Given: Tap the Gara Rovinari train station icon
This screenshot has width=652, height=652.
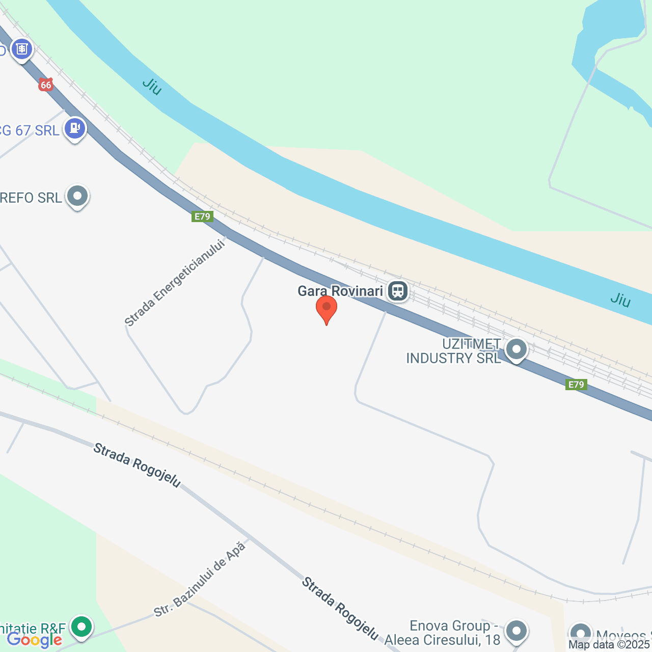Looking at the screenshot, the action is (x=398, y=291).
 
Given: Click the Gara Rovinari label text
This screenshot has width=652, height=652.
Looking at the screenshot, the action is (x=340, y=291).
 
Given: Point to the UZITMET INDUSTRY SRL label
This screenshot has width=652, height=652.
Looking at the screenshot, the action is (x=453, y=351).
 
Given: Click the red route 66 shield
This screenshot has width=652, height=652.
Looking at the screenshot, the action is (x=46, y=85).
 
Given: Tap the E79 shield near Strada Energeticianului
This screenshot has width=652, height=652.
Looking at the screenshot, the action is (x=202, y=216).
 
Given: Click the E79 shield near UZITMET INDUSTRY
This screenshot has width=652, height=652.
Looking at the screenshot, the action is (x=576, y=385).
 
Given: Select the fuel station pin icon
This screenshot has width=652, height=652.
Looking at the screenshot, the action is (x=75, y=128).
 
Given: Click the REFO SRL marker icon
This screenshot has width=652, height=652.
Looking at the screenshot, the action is (x=77, y=196).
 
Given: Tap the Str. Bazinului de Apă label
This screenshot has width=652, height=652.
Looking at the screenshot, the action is (x=200, y=580).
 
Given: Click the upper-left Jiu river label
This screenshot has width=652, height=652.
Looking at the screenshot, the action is (x=152, y=86).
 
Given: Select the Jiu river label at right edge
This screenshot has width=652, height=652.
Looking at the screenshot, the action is (x=620, y=300).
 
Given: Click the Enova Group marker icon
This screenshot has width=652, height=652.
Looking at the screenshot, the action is (x=517, y=631).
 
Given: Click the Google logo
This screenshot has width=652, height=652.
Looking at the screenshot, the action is (x=35, y=640).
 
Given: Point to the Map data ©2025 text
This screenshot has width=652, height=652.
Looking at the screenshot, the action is (x=610, y=645).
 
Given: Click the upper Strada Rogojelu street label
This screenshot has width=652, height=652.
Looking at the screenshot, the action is (x=137, y=465).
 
